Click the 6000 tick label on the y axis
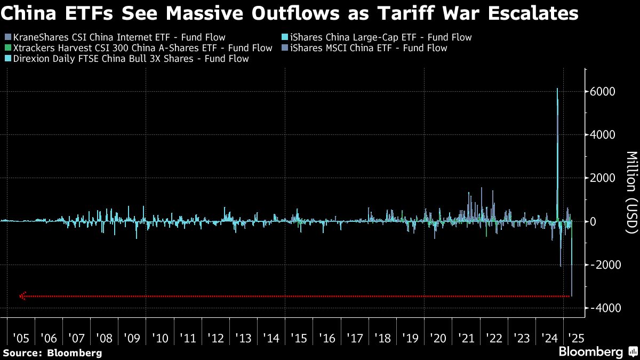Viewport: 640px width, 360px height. coord(603,91)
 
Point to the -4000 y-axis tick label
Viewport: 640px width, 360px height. coord(601,308)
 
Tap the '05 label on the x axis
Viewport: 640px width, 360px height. coord(21,338)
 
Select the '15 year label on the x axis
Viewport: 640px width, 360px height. coord(299,338)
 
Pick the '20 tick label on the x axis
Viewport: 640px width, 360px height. coord(438,338)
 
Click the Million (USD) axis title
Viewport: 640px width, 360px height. coord(631,192)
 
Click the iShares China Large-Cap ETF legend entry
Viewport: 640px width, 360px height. coord(378,37)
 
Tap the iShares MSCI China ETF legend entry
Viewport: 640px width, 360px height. coord(366,48)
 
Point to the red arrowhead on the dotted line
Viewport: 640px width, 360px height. coord(22,296)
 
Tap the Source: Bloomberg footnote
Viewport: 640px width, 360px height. coord(52,353)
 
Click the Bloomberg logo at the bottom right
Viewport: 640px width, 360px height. coord(596,351)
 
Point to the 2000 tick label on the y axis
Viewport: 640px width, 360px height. coord(603,178)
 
